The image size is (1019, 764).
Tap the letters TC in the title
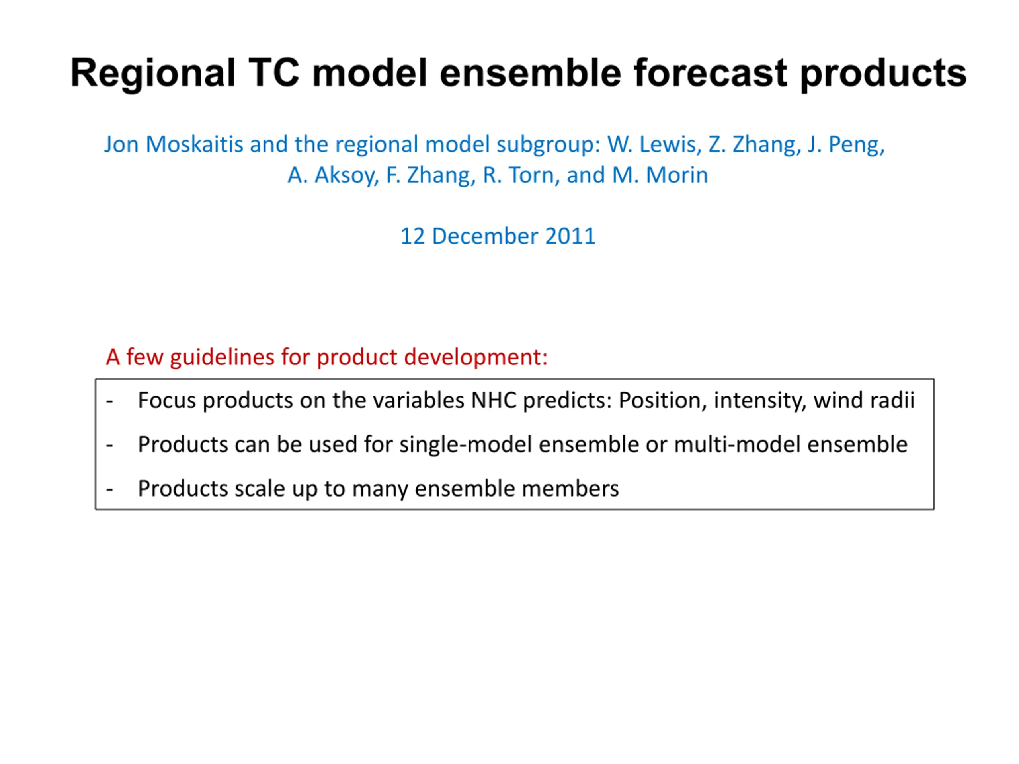pos(275,73)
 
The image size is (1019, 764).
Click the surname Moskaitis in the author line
pos(194,144)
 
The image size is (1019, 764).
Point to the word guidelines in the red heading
pos(223,357)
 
